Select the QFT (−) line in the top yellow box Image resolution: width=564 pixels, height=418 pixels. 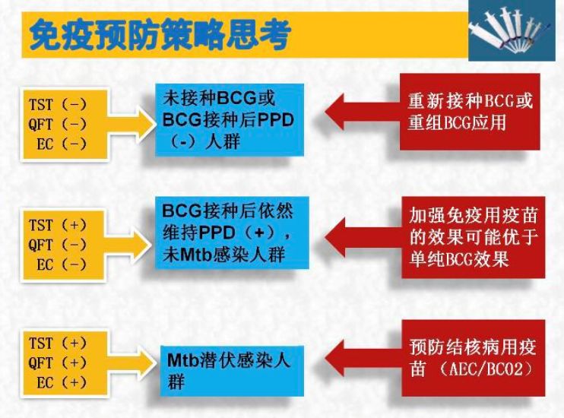pos(58,125)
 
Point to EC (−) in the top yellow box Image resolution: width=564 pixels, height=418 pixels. pos(61,144)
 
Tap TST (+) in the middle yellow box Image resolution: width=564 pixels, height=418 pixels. pos(58,226)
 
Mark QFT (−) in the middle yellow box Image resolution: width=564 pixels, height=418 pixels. pos(58,245)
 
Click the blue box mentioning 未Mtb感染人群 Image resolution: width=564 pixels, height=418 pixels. pos(223,233)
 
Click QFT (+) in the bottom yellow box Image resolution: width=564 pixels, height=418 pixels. pos(58,363)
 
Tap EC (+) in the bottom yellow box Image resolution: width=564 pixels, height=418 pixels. pos(61,382)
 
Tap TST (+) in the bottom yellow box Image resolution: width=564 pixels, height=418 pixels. pos(58,344)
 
